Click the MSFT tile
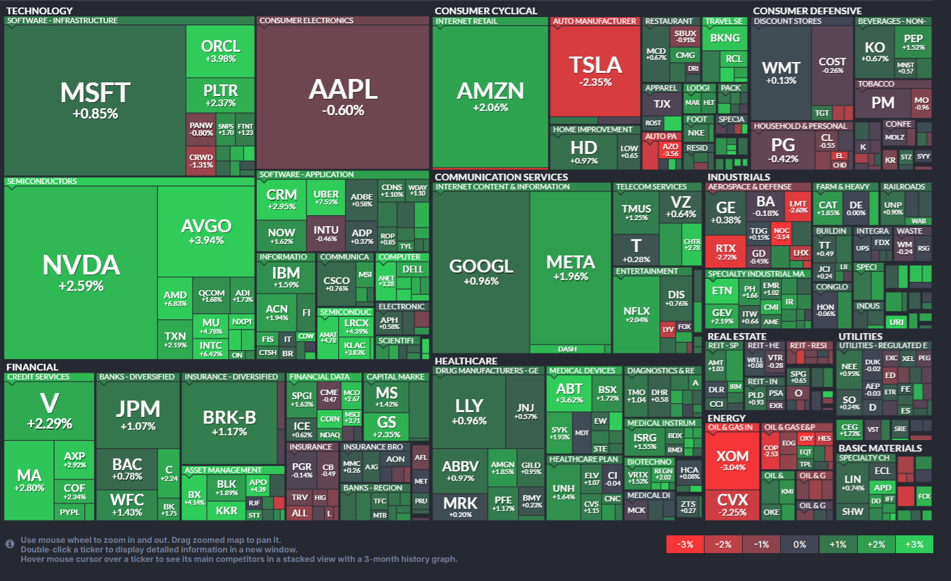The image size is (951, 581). point(95,99)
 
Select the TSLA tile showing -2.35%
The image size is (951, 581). point(596,72)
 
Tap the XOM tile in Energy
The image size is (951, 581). point(732,460)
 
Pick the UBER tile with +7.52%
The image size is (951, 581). point(326,198)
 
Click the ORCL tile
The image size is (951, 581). point(221,51)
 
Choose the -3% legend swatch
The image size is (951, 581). point(684,544)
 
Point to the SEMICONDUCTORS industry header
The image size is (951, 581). point(42,182)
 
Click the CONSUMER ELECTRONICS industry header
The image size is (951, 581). point(306,20)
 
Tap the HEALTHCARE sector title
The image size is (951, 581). point(466,361)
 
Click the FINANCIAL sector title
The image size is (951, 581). point(32,367)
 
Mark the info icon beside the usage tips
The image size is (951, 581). point(10,544)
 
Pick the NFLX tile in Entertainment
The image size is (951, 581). point(636,315)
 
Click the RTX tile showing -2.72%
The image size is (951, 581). point(726,252)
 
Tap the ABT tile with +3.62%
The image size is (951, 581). point(569,393)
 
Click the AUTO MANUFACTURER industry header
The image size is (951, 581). point(594,21)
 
